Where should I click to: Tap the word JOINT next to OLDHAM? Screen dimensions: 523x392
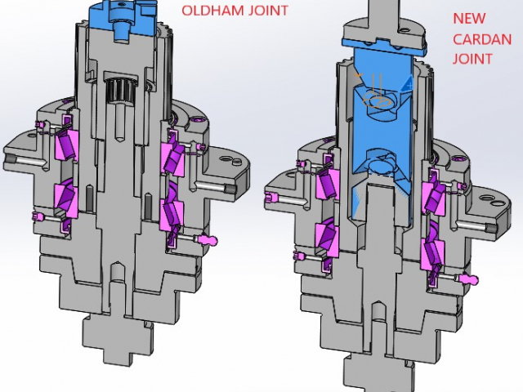[x=268, y=11]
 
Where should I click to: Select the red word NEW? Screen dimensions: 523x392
[x=469, y=18]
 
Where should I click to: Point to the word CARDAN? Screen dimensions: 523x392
[x=482, y=39]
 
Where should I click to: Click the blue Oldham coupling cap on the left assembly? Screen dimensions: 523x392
[x=123, y=20]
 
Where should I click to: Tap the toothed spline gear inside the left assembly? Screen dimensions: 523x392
[x=120, y=91]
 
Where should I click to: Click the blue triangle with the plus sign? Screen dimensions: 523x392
[x=407, y=83]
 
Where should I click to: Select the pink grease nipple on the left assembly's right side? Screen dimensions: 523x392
[x=208, y=239]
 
